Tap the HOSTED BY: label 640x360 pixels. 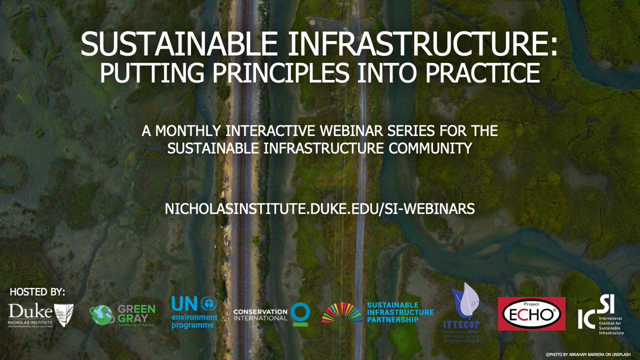coord(37,292)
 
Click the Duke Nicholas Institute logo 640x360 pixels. coord(41,315)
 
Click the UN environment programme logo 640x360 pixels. coord(194,314)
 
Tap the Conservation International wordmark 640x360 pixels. coord(261,314)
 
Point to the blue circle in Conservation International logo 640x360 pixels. coord(300,313)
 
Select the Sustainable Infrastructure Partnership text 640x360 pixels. coord(400,313)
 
